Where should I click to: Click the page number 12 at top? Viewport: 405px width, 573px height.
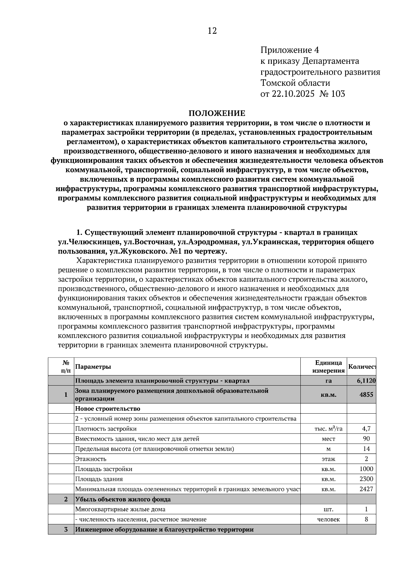pos(212,31)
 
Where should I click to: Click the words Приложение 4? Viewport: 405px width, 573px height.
pos(290,50)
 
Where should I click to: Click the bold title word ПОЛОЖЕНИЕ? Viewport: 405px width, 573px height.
pos(217,113)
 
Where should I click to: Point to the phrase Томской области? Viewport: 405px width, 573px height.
pos(295,83)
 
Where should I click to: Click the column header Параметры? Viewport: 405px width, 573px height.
pos(93,367)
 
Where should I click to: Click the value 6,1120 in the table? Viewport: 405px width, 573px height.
pos(366,381)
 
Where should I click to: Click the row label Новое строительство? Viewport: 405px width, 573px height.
pos(107,409)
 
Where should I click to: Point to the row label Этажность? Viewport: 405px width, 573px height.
pos(90,459)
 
